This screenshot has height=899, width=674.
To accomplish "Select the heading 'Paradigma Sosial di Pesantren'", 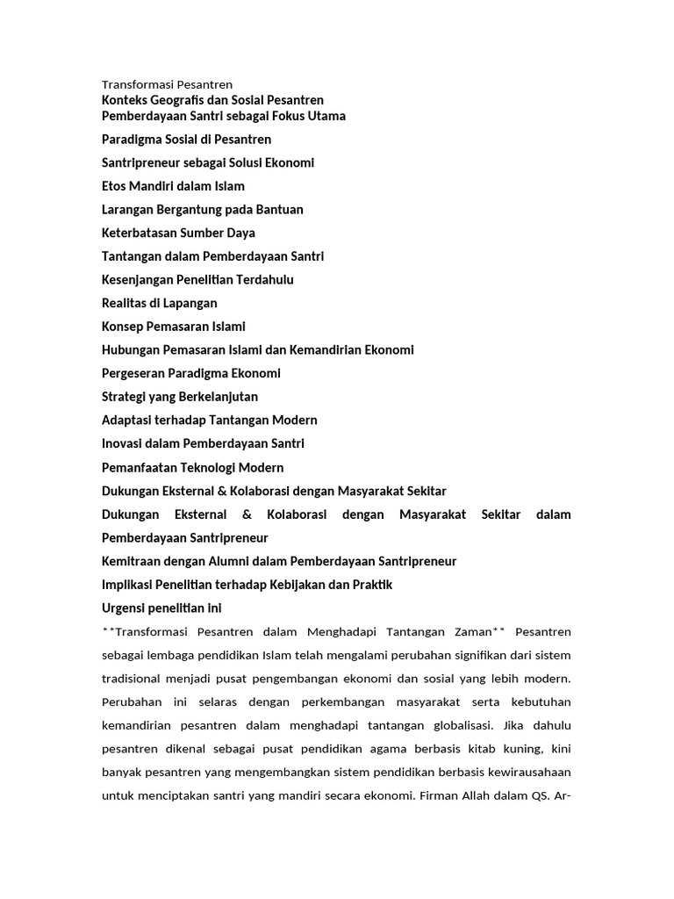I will click(186, 140).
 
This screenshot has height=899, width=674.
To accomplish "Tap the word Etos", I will click(116, 186).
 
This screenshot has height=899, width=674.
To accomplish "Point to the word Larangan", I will click(128, 210).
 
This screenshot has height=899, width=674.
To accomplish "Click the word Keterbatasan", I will click(140, 233).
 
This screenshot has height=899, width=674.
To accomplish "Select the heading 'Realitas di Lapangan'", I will click(159, 303).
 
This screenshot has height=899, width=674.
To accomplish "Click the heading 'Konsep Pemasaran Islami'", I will click(173, 327).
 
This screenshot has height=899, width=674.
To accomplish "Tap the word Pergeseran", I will click(133, 373).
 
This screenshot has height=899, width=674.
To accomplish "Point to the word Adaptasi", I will click(128, 421).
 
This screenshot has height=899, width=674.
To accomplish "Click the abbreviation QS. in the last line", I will click(534, 796).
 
